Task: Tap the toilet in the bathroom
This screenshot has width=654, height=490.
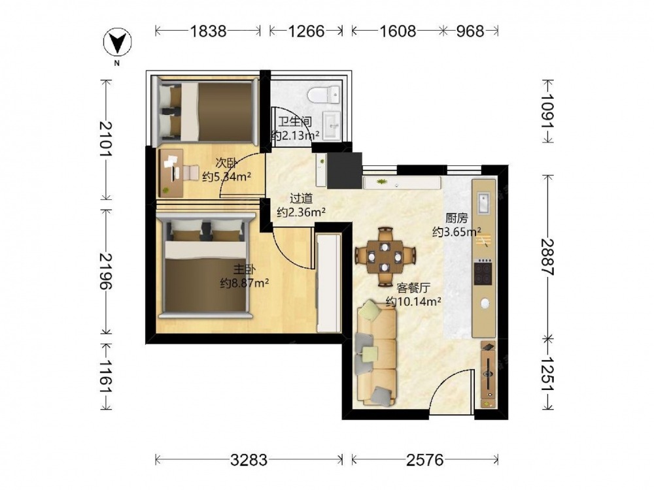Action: (x=324, y=95)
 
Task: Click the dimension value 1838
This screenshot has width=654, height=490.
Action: (x=208, y=31)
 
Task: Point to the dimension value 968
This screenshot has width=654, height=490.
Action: (x=470, y=31)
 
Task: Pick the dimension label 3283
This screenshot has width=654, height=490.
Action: (x=249, y=460)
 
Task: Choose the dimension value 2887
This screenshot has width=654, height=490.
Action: (x=547, y=257)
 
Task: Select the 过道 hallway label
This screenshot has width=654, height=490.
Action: (x=301, y=199)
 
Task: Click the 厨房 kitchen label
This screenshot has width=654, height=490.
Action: (x=456, y=218)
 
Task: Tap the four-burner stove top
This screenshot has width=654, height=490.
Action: (x=483, y=272)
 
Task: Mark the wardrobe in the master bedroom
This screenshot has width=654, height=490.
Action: (x=329, y=283)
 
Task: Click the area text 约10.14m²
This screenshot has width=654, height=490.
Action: (x=414, y=301)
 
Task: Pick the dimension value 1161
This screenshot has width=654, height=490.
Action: (x=107, y=376)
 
